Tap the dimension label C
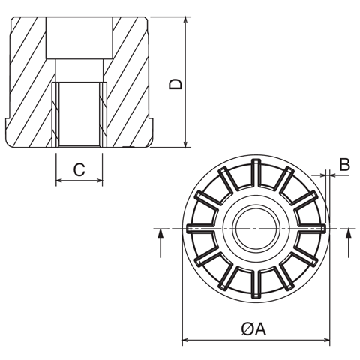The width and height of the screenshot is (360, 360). coord(79,170)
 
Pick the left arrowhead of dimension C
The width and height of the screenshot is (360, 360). coord(59,181)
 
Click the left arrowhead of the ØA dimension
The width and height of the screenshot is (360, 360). coord(186,341)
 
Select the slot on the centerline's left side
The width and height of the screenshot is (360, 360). coord(203,227)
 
